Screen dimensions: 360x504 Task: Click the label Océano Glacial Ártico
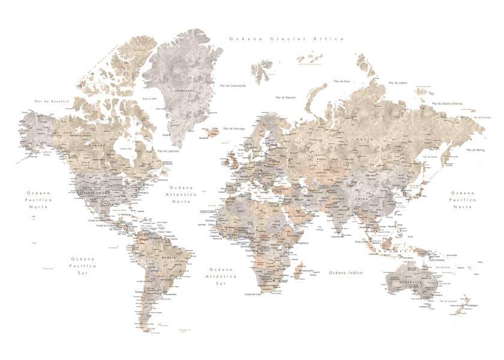point(286,38)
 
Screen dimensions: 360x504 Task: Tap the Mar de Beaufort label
point(52,101)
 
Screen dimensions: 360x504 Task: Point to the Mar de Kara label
point(342,80)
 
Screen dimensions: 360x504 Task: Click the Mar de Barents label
point(286,97)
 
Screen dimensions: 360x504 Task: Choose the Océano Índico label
point(346,272)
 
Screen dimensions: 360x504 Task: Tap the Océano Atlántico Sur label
point(223,276)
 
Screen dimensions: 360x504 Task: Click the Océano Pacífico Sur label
point(82,265)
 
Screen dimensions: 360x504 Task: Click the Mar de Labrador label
point(169,151)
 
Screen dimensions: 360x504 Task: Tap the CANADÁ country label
point(97,145)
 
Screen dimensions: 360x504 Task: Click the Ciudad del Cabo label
point(253,295)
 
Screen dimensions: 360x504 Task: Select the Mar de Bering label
point(476,149)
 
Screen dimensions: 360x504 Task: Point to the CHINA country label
point(362,197)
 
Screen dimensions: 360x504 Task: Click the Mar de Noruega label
point(234,128)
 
